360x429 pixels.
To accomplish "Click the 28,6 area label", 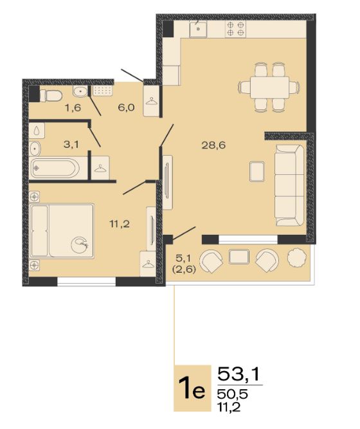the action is pos(213,145).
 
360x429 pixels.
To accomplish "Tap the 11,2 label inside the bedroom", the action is pos(120,224).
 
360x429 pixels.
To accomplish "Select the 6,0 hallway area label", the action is pos(127,107).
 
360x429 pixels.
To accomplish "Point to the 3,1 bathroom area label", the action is pos(71,144).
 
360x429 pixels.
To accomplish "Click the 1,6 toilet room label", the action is pos(73,108).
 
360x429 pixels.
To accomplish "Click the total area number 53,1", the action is pos(238,374).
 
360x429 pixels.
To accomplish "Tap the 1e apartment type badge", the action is pos(192,388).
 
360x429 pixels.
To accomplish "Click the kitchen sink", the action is pos(199,28).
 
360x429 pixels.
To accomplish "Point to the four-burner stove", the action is pos(235,28).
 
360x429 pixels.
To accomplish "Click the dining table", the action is pos(269,87).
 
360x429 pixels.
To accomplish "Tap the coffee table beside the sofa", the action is pos(257,172).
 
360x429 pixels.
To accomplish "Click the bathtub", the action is pos(55,168).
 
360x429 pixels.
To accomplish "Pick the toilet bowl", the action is pos(51,96).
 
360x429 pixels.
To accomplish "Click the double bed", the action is pos(62,231).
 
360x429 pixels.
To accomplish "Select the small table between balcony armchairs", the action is pos(239,257).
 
